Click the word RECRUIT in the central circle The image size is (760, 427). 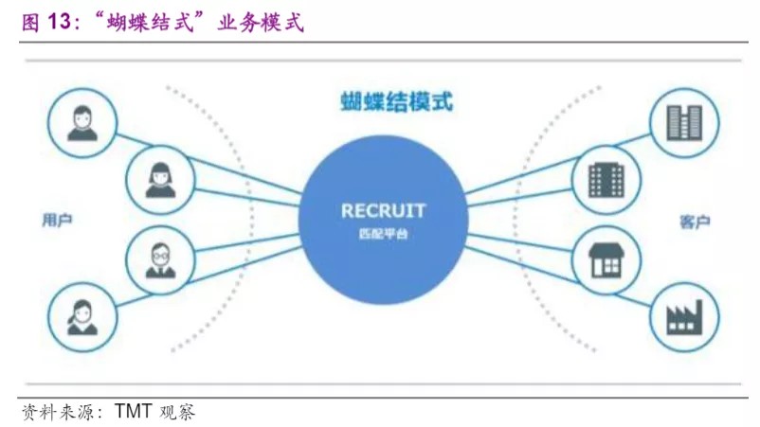point(383,210)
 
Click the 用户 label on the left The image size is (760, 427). point(58,220)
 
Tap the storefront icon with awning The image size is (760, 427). point(606,258)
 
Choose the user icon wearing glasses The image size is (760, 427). point(159,258)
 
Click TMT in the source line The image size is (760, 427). point(136,413)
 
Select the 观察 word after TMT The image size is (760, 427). point(177,413)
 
